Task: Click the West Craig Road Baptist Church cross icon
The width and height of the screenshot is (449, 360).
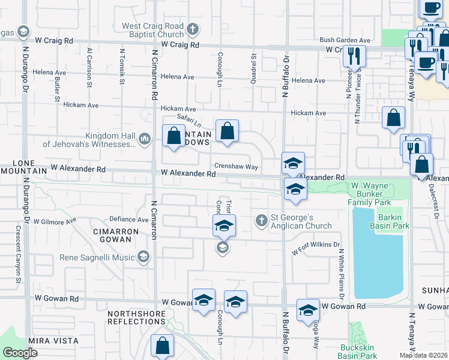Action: tap(193, 29)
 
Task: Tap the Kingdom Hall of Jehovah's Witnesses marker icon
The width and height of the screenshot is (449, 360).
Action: tap(144, 140)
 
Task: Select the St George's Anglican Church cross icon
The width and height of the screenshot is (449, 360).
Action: tap(261, 221)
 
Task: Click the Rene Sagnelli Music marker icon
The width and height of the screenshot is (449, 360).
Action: tap(143, 257)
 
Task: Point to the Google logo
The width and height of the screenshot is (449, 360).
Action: tap(20, 353)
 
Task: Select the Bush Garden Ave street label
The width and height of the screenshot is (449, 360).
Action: tap(345, 39)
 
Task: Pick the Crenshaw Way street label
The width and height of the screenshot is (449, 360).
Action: tap(235, 166)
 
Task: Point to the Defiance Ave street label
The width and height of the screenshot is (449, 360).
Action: tap(128, 220)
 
